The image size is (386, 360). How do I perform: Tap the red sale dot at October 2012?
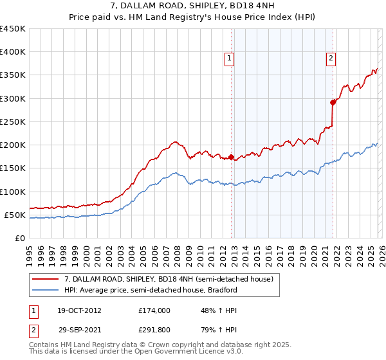click(232, 157)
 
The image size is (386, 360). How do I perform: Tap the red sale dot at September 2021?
click(333, 102)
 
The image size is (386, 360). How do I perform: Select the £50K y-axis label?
click(15, 215)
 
